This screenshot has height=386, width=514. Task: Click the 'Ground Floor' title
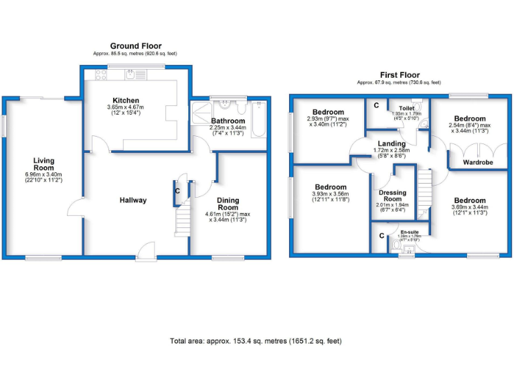[137, 46]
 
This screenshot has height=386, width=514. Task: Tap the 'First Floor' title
[399, 75]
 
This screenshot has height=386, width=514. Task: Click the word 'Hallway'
[133, 200]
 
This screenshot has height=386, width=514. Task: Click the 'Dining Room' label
[228, 204]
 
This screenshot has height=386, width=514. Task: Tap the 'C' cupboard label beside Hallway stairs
[177, 191]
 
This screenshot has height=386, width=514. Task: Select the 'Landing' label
[392, 143]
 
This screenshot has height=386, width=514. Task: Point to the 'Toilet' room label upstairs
[407, 108]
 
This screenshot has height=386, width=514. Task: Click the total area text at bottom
[256, 341]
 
